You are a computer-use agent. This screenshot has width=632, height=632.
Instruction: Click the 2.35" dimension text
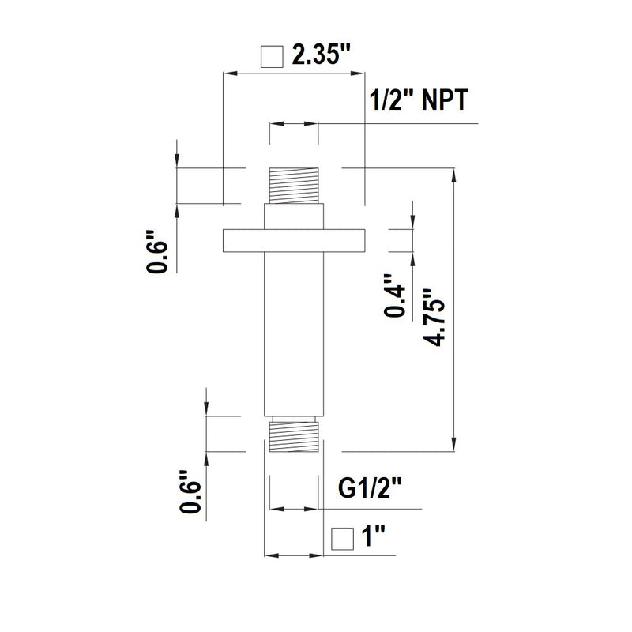[x=322, y=56]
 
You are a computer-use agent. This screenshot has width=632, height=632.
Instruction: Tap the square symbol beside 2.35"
[x=272, y=57]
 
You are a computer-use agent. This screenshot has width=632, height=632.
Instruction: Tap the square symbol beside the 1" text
[x=341, y=538]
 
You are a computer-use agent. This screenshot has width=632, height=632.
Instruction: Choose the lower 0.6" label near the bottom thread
[x=190, y=492]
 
